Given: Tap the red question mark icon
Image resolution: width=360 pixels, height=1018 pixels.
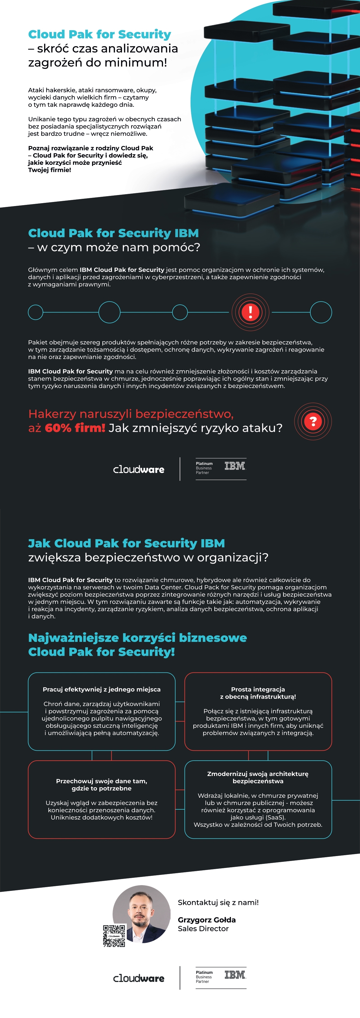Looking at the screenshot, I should click(313, 421).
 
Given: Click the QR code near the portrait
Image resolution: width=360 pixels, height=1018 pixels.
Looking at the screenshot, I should click(114, 936).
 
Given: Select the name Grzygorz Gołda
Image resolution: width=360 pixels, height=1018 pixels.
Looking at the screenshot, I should click(206, 920).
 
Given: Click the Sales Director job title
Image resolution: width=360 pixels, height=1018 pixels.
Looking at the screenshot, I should click(203, 929).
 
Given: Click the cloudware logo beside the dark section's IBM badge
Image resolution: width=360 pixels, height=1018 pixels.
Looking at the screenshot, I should click(139, 470).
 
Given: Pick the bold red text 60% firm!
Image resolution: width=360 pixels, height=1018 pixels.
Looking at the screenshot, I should click(75, 428).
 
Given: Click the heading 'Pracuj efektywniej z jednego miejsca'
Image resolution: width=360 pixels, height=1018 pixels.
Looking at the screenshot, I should click(102, 689).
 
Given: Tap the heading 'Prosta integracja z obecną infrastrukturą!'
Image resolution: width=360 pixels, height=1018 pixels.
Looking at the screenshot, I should click(258, 693).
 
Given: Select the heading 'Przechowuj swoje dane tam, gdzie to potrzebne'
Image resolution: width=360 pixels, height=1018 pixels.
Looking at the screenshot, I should click(102, 784).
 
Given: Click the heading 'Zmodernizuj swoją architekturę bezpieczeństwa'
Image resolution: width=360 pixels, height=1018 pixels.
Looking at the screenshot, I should click(258, 777).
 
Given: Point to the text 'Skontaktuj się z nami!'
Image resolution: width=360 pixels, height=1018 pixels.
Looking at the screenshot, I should click(218, 902).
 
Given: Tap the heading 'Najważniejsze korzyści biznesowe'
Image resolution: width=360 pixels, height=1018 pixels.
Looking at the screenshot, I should click(138, 638).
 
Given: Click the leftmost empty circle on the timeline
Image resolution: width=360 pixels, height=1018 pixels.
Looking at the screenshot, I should click(36, 312).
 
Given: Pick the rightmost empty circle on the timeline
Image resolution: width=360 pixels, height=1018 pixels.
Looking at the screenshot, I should click(321, 312).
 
